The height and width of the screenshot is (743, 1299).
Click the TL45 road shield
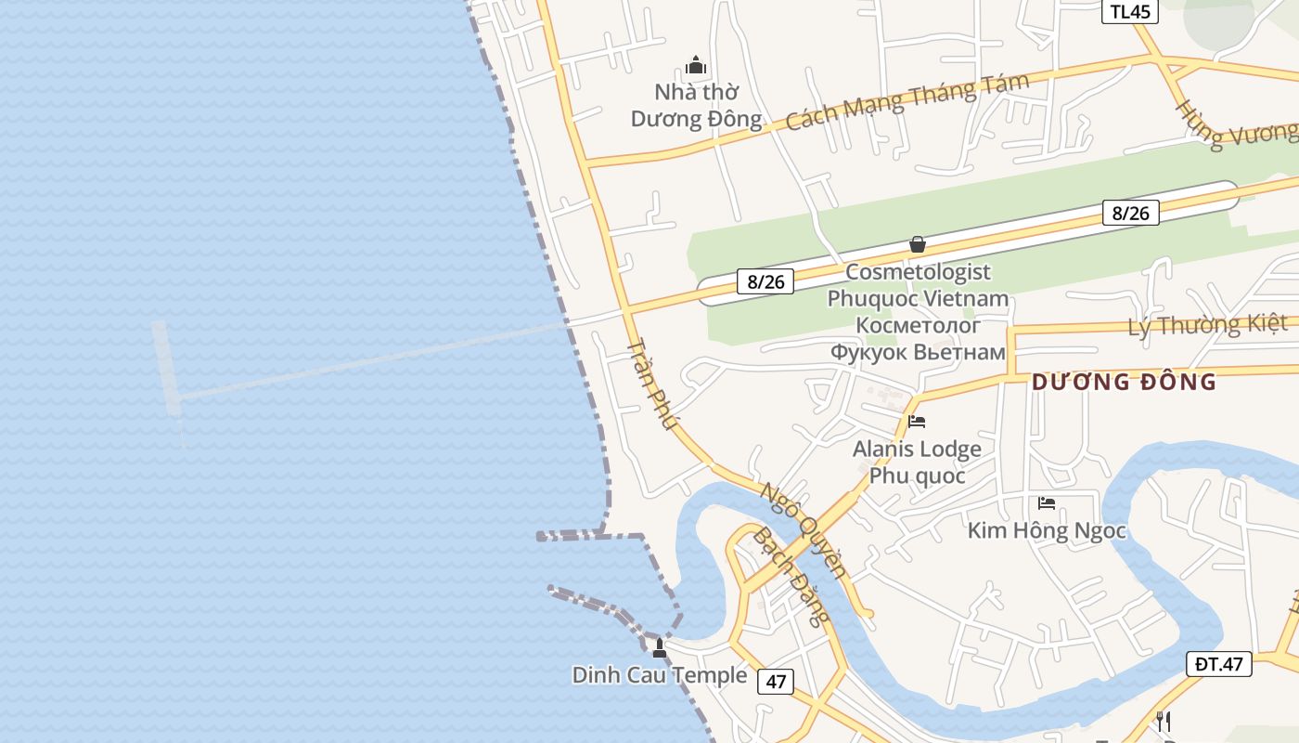(x=1129, y=11)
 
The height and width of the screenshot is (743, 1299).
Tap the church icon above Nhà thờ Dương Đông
(x=696, y=66)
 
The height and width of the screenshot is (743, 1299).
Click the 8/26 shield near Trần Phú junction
(x=765, y=281)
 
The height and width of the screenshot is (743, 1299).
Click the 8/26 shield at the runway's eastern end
(x=1131, y=213)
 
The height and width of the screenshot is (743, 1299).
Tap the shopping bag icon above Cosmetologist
(x=918, y=244)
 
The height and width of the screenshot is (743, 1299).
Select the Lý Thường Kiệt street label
(x=1207, y=325)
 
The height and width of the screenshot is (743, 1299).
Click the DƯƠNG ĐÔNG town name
(x=1124, y=382)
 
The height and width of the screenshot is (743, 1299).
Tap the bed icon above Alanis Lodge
(x=917, y=422)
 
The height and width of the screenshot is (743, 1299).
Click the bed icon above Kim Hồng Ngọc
(x=1047, y=503)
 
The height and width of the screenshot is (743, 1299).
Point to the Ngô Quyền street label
(x=804, y=529)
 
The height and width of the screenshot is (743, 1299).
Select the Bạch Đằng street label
(x=791, y=576)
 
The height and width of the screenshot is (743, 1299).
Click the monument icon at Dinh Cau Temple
(x=660, y=647)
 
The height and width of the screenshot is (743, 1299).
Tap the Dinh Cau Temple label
(x=659, y=675)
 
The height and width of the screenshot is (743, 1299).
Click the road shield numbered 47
(x=776, y=682)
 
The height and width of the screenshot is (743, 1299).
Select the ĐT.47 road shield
(x=1218, y=664)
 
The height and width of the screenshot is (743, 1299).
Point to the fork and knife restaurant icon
(x=1164, y=721)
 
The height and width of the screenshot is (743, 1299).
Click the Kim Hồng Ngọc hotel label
(x=1047, y=531)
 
